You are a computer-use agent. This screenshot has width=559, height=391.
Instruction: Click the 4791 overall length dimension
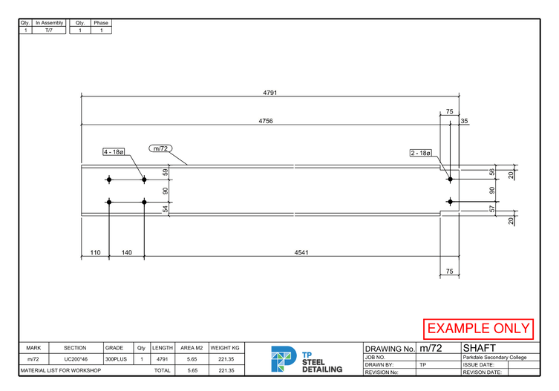click(269, 93)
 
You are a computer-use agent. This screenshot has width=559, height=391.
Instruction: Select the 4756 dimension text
click(266, 120)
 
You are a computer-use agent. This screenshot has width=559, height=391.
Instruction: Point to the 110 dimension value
click(95, 252)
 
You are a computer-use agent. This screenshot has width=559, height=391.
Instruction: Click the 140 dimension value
click(126, 252)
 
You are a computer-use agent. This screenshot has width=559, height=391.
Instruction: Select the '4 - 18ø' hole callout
click(114, 151)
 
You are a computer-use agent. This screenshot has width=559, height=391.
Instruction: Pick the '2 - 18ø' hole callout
click(420, 153)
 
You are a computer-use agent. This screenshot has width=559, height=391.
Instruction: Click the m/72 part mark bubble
click(161, 148)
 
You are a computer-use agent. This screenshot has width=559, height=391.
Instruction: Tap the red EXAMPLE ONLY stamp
click(479, 328)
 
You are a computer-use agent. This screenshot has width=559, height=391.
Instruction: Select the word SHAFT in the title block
click(480, 348)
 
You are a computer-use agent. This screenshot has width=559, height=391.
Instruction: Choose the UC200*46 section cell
click(76, 359)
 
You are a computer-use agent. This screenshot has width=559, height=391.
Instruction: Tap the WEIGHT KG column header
click(225, 348)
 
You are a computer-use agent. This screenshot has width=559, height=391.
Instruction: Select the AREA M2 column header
click(192, 348)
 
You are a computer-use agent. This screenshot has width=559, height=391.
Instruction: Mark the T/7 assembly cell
click(49, 30)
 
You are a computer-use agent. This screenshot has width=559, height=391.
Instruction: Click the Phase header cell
click(101, 23)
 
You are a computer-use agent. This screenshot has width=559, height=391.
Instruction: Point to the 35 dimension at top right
click(465, 120)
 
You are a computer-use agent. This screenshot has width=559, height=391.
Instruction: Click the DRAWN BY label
click(379, 365)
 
